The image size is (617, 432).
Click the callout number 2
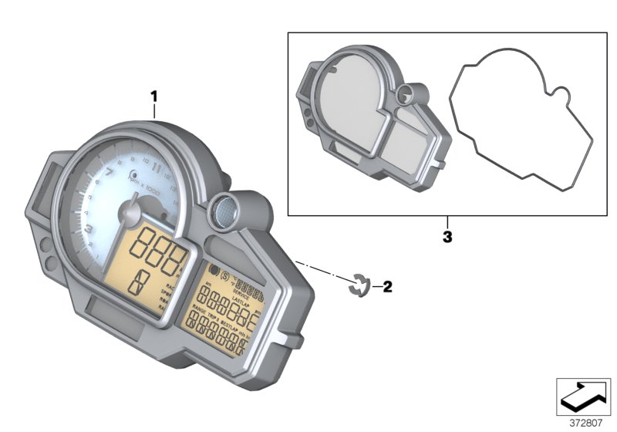(x=387, y=288)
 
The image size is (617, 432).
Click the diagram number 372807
(x=585, y=422)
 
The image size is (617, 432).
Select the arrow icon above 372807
(x=585, y=397)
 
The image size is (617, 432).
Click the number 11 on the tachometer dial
(x=157, y=165)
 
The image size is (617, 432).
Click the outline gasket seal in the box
(x=521, y=123)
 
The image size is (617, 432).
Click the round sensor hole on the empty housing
(x=404, y=96)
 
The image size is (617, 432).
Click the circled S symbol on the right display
(x=224, y=276)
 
